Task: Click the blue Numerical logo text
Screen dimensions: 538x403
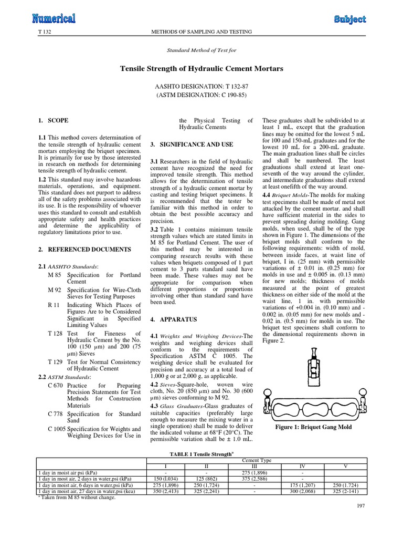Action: point(54,19)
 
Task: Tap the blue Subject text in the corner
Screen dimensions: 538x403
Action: point(350,19)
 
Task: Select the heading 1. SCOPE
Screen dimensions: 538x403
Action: point(54,120)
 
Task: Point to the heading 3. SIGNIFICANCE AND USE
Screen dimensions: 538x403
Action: point(199,144)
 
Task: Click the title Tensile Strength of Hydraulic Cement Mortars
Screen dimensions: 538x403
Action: point(201,69)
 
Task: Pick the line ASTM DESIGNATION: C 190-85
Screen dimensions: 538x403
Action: point(201,95)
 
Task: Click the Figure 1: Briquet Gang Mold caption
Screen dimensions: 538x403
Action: point(313,427)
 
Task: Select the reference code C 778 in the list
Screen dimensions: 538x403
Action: point(55,414)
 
